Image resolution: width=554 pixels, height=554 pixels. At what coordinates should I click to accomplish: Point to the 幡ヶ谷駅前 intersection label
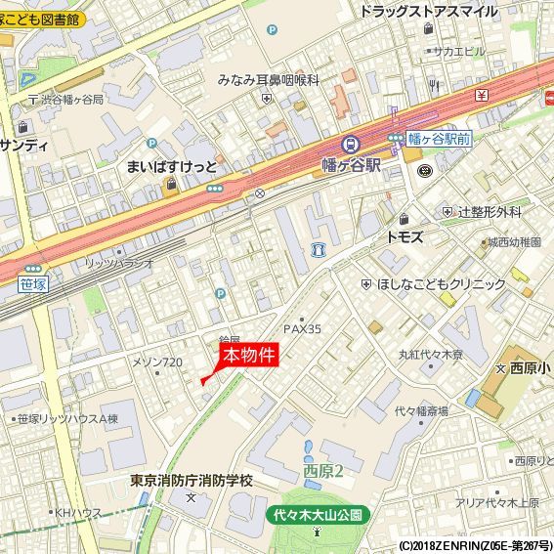click(440, 139)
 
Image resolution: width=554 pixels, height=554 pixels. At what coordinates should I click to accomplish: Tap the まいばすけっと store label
click(172, 166)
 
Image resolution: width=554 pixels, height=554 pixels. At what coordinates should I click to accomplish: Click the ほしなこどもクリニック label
click(441, 284)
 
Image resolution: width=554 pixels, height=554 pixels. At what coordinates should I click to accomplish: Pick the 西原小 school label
click(529, 368)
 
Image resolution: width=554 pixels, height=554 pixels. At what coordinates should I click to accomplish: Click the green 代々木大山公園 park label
click(318, 513)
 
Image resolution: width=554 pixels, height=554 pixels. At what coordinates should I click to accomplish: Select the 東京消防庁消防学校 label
click(191, 481)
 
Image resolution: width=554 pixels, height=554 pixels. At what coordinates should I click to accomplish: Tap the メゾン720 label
click(157, 362)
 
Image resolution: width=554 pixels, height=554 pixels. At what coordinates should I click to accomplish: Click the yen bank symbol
click(482, 95)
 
